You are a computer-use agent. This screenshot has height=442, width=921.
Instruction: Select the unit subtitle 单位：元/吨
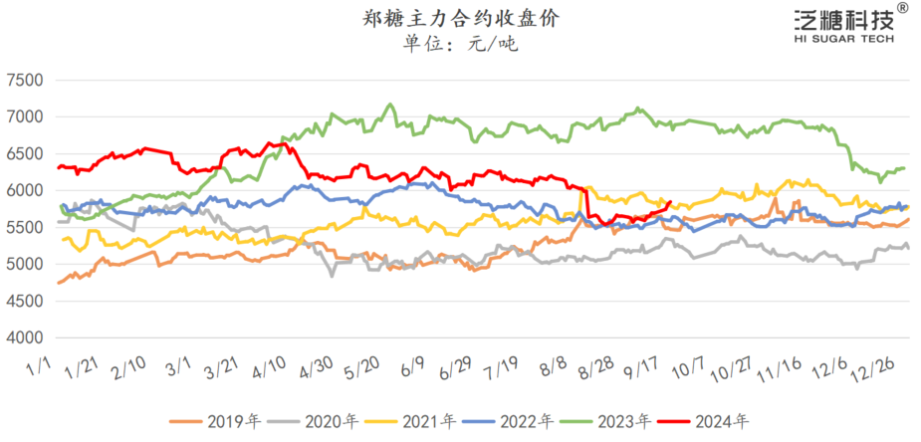pos(460,43)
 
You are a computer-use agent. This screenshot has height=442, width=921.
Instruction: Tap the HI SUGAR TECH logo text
pos(844,39)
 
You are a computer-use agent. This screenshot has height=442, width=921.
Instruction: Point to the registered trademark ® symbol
pos(902,8)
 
